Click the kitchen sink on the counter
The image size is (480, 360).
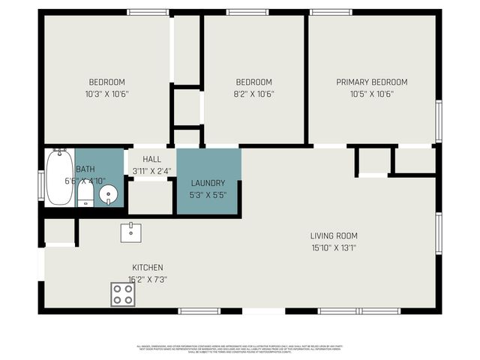click(131, 232)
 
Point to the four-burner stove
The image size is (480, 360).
click(123, 294)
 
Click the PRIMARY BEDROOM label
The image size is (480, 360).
click(371, 82)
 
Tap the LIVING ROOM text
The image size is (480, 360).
click(334, 236)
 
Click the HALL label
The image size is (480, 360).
click(152, 160)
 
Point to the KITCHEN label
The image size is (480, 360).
click(148, 268)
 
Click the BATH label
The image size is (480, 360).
click(85, 169)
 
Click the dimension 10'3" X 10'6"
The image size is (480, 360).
click(107, 94)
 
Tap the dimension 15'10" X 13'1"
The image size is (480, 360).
click(334, 248)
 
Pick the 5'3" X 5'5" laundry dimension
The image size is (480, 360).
click(208, 195)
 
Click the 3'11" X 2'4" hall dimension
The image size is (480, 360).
click(152, 171)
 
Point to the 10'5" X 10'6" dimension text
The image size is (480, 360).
click(371, 94)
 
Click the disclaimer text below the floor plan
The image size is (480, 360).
click(240, 349)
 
